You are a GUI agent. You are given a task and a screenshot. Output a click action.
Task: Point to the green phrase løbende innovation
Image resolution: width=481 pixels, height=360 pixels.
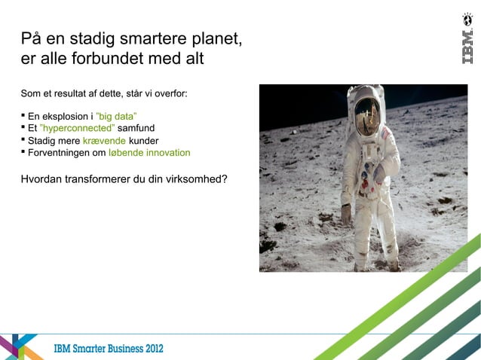149,152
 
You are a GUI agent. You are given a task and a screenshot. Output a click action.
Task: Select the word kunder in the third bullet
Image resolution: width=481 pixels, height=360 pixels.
143,140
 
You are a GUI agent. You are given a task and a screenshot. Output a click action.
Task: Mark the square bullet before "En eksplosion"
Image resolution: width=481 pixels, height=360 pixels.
23,116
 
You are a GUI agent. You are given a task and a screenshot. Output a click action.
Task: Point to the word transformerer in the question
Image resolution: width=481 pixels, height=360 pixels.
102,180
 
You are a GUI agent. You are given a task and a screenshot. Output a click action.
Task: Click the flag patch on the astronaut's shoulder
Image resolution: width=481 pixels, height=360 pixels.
387,133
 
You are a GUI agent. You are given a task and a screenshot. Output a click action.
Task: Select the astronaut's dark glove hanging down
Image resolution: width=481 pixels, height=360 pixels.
346,215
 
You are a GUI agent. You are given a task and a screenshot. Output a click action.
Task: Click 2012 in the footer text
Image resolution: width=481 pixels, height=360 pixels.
149,349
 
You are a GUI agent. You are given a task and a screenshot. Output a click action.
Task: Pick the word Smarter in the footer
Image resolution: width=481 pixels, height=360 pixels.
91,349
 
